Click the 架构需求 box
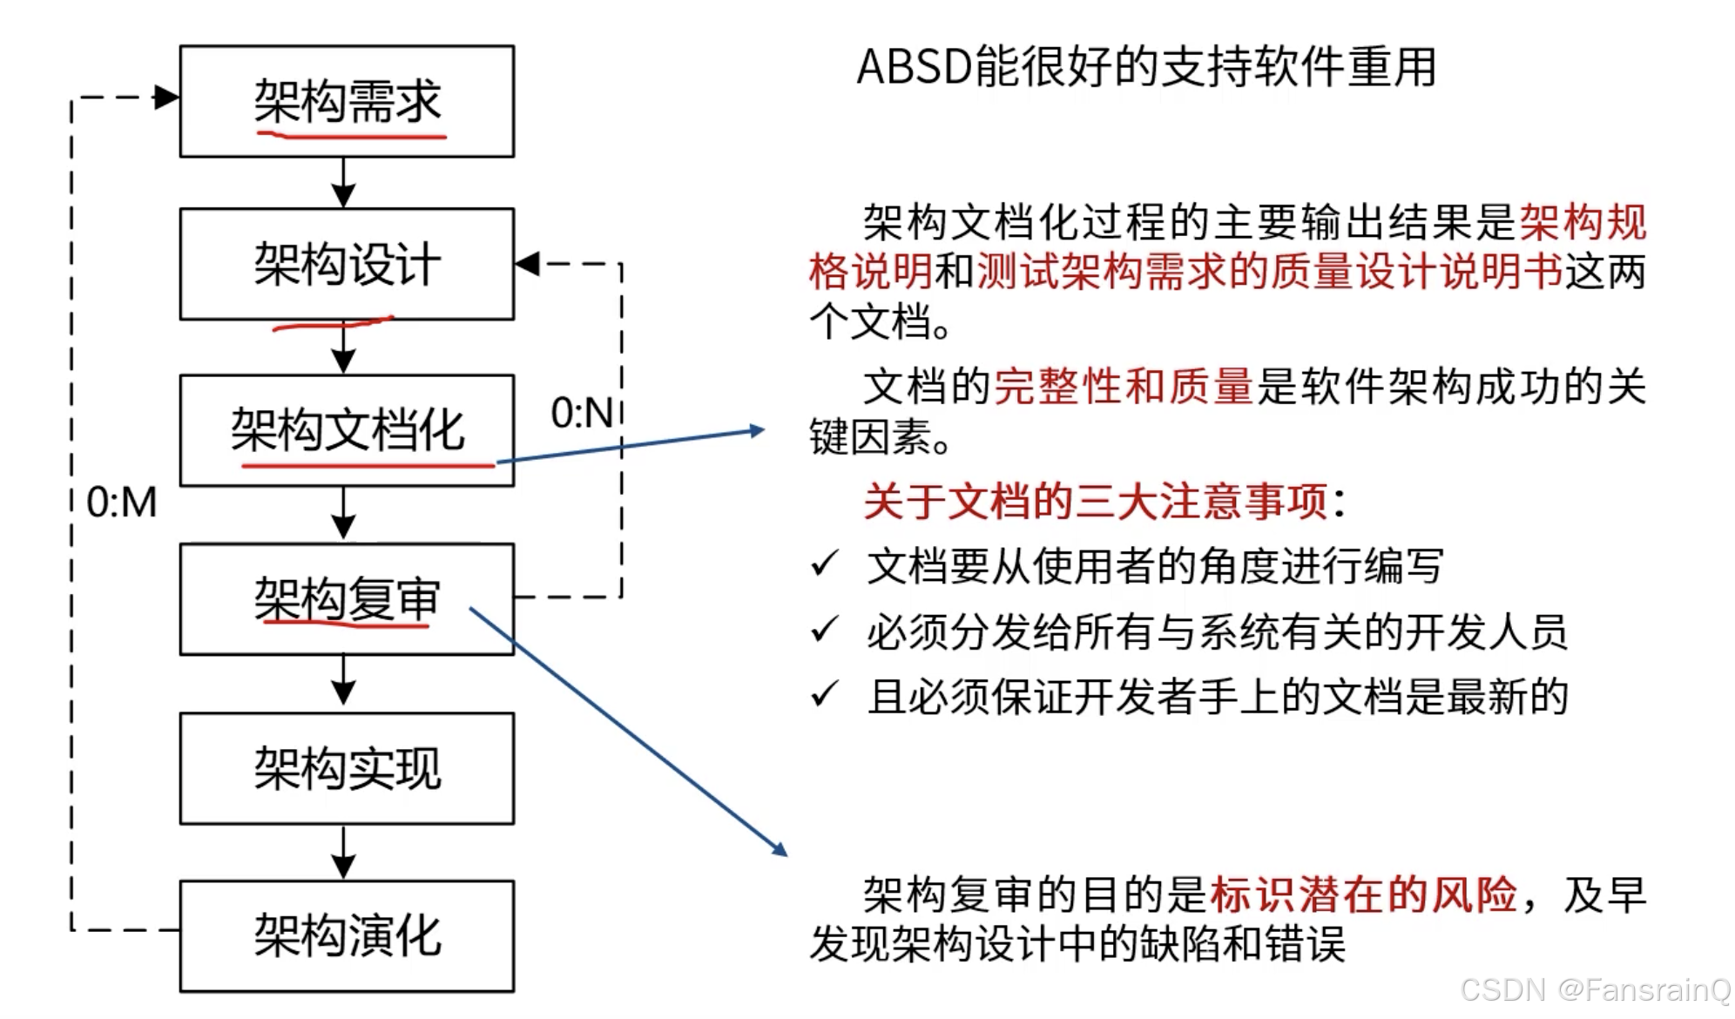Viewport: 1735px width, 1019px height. coord(347,101)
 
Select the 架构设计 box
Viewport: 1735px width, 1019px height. coord(347,264)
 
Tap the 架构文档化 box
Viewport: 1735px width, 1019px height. coord(347,430)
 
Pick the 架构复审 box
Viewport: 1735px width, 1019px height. coord(347,599)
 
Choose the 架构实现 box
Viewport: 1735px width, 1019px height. coord(347,768)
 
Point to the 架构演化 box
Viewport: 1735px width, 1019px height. coord(347,936)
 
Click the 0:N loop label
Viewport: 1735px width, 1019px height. coord(582,413)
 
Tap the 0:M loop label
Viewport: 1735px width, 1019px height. coord(122,503)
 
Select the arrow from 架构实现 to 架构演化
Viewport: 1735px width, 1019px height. coord(344,853)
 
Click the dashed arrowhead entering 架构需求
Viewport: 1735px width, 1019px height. coord(165,98)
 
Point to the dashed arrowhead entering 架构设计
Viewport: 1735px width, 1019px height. coord(528,263)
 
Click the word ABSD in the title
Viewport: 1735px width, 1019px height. coord(914,67)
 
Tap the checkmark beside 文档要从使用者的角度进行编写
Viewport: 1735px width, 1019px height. coord(824,564)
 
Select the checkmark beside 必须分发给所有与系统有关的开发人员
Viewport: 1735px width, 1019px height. coord(824,630)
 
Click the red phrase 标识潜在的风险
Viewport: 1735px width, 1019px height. coord(1363,894)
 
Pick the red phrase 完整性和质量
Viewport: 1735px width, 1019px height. coord(1123,387)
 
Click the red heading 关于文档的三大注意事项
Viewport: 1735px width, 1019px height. coord(1095,502)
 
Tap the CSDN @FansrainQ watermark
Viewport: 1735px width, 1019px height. coord(1595,990)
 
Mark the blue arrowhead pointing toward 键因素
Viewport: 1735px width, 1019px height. coord(756,430)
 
